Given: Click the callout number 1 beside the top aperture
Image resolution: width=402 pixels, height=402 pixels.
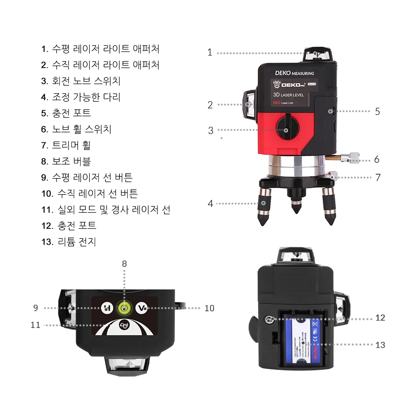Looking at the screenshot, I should coord(209,53).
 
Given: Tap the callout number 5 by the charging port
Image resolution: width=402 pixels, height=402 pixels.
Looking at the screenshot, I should coord(377,111).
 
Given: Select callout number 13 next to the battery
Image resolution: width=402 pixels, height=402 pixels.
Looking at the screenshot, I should coord(380,345).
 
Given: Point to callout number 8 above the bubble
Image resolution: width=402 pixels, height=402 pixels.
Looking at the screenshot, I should coord(124,264).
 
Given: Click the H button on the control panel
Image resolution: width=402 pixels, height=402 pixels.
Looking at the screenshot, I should coord(107,308).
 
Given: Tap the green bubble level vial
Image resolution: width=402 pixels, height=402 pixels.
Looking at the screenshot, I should coord(124,308).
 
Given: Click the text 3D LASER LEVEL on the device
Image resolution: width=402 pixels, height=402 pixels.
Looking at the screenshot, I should coord(288,95).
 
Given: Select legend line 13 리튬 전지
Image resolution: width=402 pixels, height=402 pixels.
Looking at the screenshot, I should coord(69,242).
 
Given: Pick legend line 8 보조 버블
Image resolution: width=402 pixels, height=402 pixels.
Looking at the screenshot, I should coord(66,161).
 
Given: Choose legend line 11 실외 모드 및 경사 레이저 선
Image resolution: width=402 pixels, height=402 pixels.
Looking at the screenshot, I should coord(106,209).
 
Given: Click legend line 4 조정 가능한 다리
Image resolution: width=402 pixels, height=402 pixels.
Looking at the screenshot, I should coord(81,97).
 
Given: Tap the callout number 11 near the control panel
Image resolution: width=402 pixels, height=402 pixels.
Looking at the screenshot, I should coord(35,324).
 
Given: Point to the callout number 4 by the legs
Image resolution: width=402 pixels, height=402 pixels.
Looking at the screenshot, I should coord(210,203).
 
